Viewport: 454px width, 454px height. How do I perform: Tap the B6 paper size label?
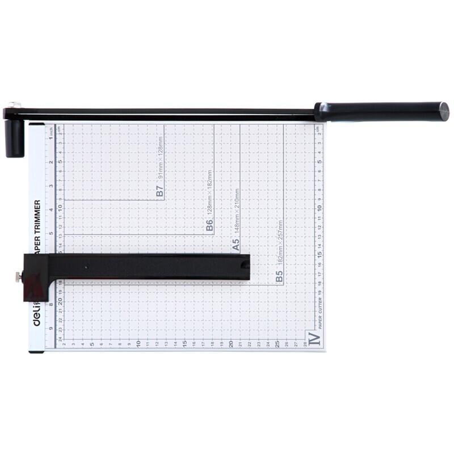click(209, 226)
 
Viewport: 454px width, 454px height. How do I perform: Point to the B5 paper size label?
click(279, 276)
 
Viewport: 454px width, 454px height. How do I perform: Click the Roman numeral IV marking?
click(314, 338)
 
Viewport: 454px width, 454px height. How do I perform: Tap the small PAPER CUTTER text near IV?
click(320, 313)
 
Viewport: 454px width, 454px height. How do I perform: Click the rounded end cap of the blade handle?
click(443, 111)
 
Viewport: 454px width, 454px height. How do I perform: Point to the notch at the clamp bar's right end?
click(245, 264)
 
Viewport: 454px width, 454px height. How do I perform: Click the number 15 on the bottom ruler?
click(184, 344)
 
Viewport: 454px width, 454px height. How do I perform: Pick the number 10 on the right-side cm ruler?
click(321, 207)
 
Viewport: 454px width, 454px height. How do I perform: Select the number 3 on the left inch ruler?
click(52, 186)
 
